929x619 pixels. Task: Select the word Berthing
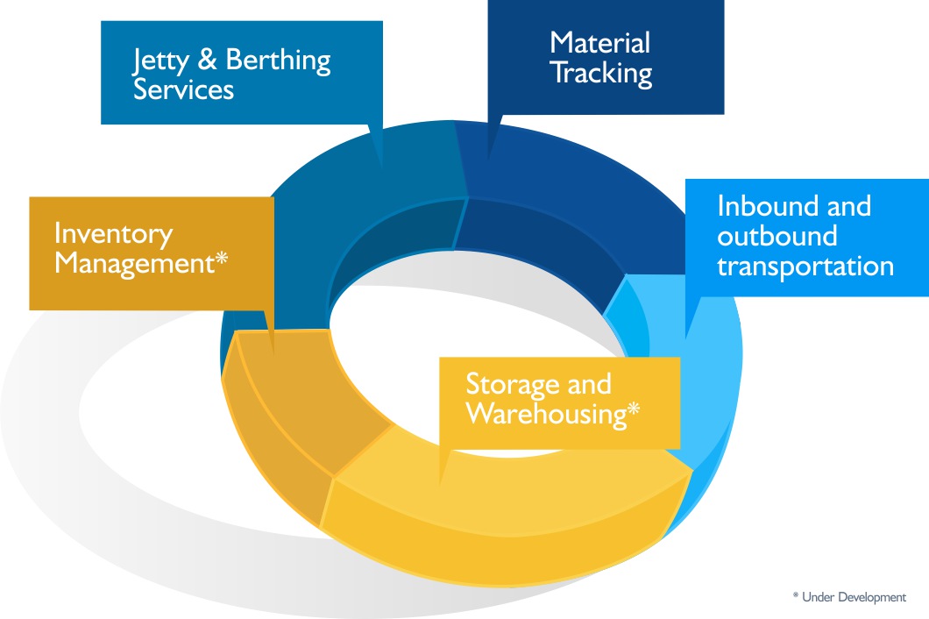coord(279,61)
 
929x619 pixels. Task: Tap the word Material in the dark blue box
coord(599,43)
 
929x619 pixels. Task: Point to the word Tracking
coord(600,73)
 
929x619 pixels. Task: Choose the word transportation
coord(805,266)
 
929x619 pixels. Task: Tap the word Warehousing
coord(545,413)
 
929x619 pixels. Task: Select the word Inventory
coord(113,233)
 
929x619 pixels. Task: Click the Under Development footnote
coord(848,597)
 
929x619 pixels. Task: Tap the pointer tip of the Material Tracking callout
coord(488,159)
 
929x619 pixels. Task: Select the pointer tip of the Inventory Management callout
coord(274,353)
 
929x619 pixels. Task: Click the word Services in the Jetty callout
coord(183,89)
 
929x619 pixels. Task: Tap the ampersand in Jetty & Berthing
coord(208,61)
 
